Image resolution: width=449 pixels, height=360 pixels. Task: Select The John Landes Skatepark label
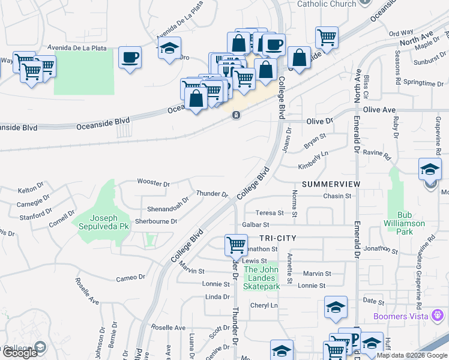pyautogui.click(x=262, y=278)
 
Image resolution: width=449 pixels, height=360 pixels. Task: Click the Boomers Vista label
pyautogui.click(x=400, y=316)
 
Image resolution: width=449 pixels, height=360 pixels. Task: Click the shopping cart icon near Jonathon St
pyautogui.click(x=237, y=245)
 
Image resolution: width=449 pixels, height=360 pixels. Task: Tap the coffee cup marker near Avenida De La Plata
pyautogui.click(x=130, y=58)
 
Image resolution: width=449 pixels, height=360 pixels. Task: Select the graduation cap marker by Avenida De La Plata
pyautogui.click(x=170, y=47)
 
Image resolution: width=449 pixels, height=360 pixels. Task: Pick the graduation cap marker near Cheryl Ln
pyautogui.click(x=336, y=307)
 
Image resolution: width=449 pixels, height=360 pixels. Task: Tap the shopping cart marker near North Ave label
pyautogui.click(x=327, y=37)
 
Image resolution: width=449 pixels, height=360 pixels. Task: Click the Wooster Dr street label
pyautogui.click(x=154, y=182)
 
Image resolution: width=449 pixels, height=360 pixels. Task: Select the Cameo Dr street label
pyautogui.click(x=130, y=277)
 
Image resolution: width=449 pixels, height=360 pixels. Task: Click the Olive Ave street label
pyautogui.click(x=379, y=110)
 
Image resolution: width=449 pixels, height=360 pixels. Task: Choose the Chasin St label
pyautogui.click(x=337, y=196)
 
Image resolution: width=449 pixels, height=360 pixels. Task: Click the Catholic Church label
pyautogui.click(x=327, y=4)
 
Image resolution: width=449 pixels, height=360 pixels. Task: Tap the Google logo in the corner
pyautogui.click(x=20, y=353)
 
